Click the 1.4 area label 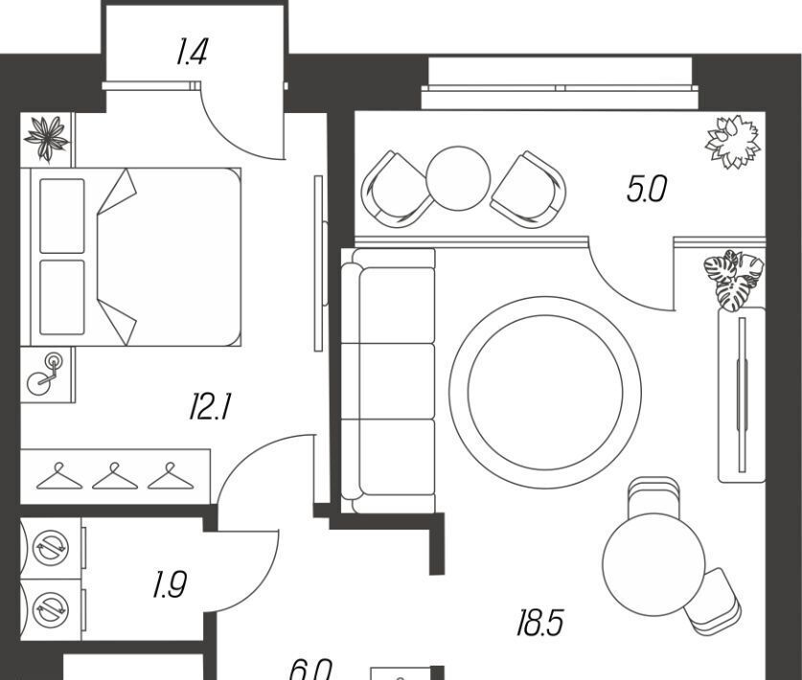[x=192, y=52]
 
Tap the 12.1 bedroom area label [x=211, y=410]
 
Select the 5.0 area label [x=646, y=190]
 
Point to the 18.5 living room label [x=539, y=624]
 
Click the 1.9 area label [x=169, y=584]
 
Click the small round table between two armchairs [x=458, y=177]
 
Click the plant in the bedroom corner [x=47, y=138]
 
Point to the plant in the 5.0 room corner [x=733, y=142]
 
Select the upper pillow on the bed [x=62, y=215]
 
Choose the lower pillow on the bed [x=62, y=297]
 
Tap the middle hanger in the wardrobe [x=114, y=476]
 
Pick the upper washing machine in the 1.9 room [x=49, y=548]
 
